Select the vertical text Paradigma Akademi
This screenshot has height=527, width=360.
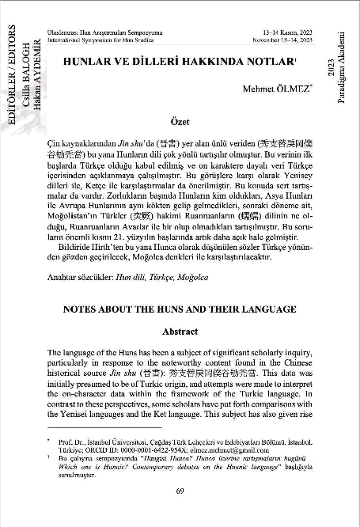tap(342, 59)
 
